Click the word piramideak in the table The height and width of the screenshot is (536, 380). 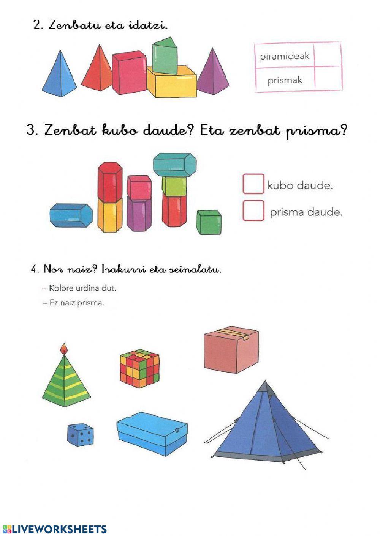click(x=285, y=56)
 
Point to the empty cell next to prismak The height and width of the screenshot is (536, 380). click(x=328, y=79)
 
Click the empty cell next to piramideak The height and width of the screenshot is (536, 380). click(x=328, y=55)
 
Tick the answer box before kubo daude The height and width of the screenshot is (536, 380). click(x=253, y=184)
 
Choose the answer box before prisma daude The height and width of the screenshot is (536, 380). click(x=253, y=211)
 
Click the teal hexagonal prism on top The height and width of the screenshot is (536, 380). click(x=175, y=165)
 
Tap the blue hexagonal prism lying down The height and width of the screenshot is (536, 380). click(x=71, y=215)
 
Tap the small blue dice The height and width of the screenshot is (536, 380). click(x=81, y=435)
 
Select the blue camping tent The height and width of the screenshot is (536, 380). click(x=266, y=425)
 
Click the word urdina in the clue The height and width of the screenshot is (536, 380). click(x=88, y=288)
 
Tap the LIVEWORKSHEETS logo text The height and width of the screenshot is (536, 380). click(x=59, y=530)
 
